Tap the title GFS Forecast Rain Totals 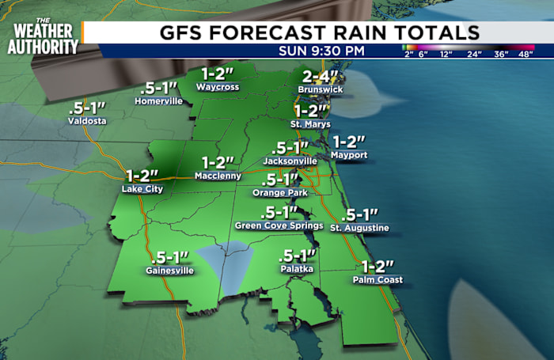(x=319, y=32)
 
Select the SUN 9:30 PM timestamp (x=322, y=51)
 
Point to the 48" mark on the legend (x=524, y=55)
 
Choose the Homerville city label (x=159, y=101)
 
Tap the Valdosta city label (x=87, y=121)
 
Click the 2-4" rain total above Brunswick (x=321, y=78)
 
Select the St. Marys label (x=310, y=124)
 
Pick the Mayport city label (x=350, y=155)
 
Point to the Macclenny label (x=219, y=176)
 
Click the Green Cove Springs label (x=279, y=225)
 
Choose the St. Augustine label (x=359, y=228)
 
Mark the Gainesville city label (x=169, y=271)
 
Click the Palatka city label (x=296, y=269)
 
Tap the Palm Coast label (x=378, y=279)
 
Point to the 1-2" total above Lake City (x=143, y=174)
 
